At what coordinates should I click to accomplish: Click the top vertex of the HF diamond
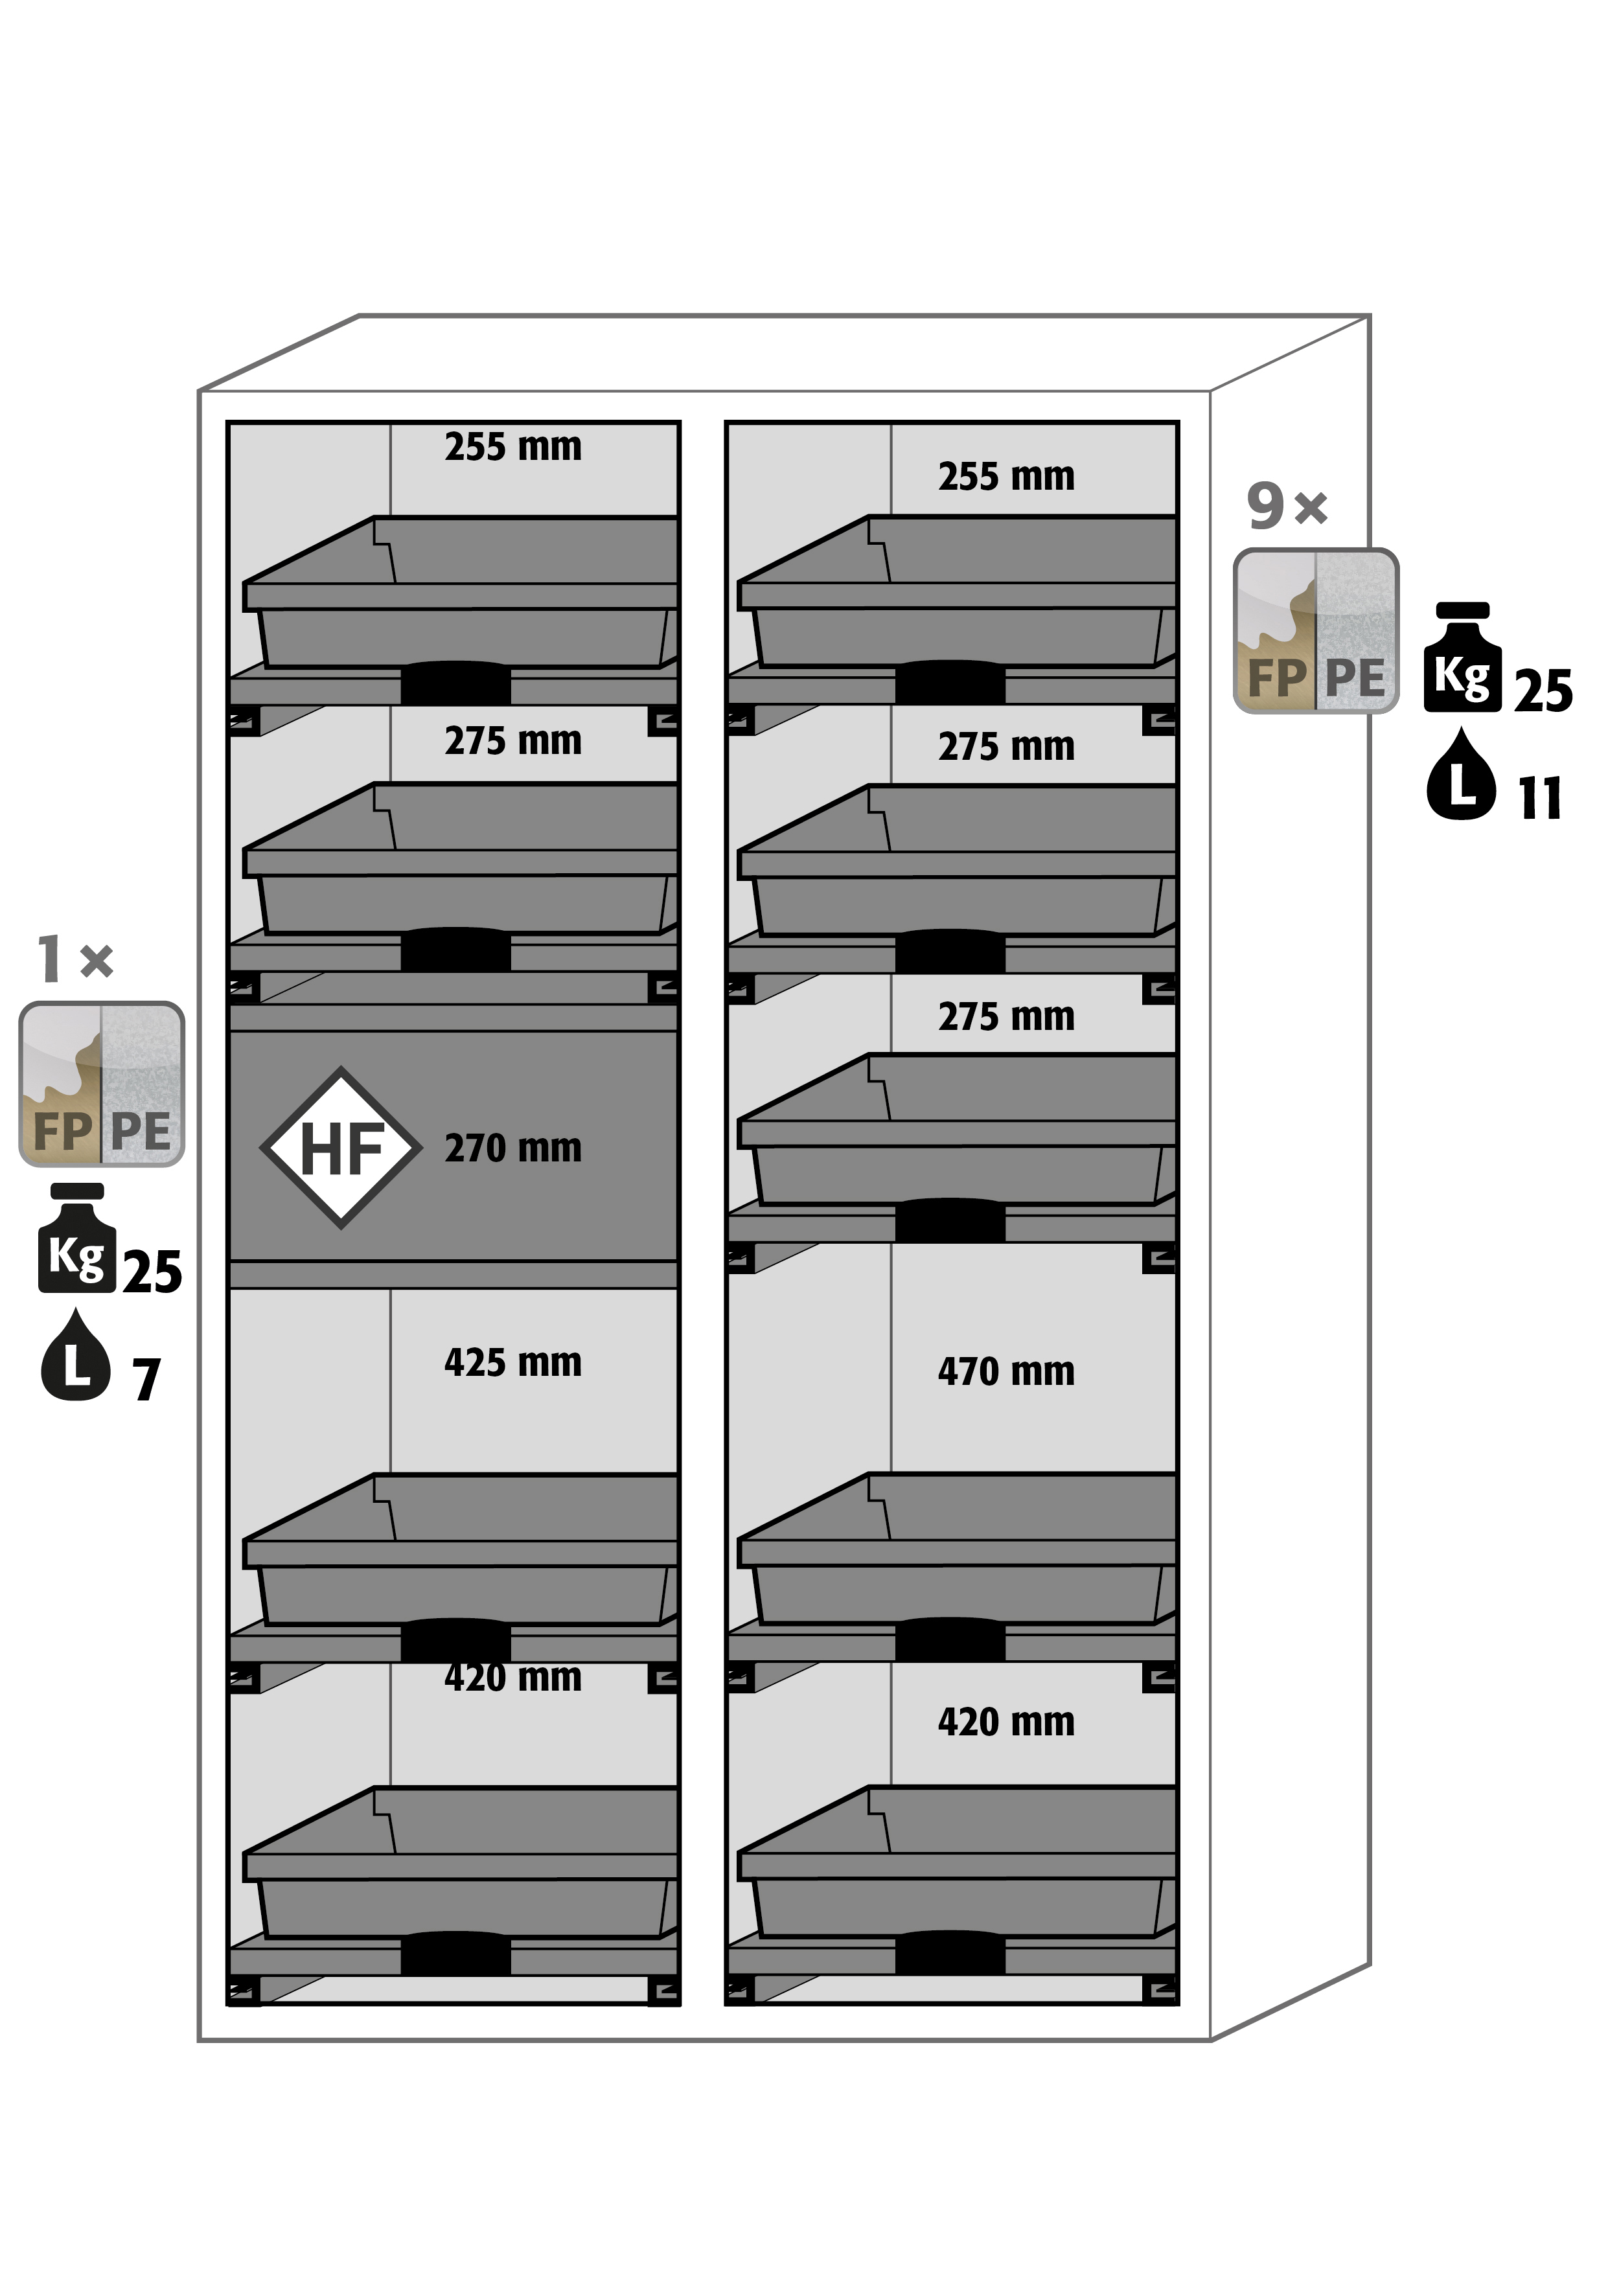341,1068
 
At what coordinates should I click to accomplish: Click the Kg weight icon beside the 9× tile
1462,657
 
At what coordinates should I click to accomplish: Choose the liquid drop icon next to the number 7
75,1355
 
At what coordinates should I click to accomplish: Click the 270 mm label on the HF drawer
513,1148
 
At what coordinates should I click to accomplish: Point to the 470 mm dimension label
1006,1372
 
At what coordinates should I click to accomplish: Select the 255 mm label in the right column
1006,477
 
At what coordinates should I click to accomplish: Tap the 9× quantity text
1286,506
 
